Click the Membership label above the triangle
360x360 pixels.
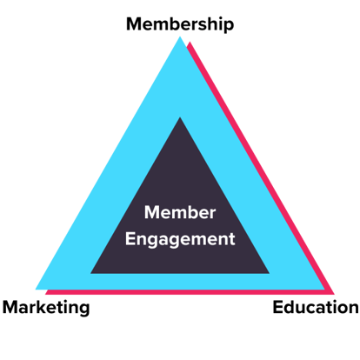coord(180,24)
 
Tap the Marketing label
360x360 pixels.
coord(46,308)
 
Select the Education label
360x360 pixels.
coord(316,307)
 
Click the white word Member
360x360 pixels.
coord(180,212)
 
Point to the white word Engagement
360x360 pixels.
coord(180,240)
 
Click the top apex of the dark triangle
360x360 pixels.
coord(180,117)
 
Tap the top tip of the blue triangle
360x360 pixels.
coord(180,37)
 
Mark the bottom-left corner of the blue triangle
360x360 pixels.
coord(36,289)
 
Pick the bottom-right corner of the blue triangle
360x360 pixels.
coord(324,289)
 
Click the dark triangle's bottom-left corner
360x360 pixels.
coord(91,273)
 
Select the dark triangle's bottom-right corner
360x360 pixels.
coord(269,273)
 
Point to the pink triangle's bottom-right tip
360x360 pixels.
coord(334,294)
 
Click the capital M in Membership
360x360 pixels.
coord(134,24)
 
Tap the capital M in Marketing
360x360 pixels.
coord(10,307)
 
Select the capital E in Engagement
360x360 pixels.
coord(130,239)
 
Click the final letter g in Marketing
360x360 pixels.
coord(84,310)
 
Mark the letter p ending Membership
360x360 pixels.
coord(229,27)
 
